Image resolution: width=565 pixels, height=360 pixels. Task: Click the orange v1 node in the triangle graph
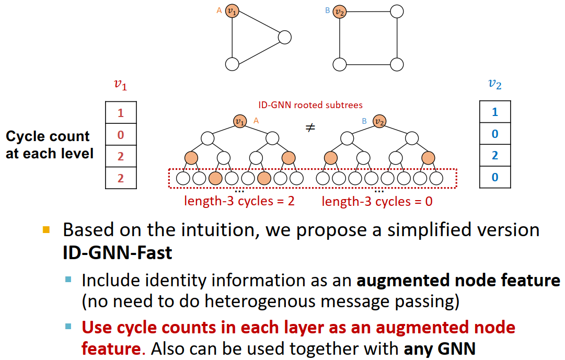pyautogui.click(x=232, y=11)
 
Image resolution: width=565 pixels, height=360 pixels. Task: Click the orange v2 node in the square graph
pyautogui.click(x=340, y=11)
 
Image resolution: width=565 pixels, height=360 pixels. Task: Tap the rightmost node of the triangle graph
pyautogui.click(x=284, y=37)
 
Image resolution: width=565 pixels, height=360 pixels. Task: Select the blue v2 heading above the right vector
pyautogui.click(x=494, y=85)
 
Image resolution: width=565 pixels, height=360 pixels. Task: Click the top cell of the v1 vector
pyautogui.click(x=121, y=113)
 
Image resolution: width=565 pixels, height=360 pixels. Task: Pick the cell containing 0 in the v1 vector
pyautogui.click(x=121, y=135)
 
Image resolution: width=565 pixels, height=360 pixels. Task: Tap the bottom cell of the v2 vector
pyautogui.click(x=495, y=177)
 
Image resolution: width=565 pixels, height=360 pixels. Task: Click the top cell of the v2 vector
pyautogui.click(x=495, y=112)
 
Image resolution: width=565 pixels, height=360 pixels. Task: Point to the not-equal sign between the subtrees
pyautogui.click(x=310, y=127)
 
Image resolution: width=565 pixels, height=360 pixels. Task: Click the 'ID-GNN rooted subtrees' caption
pyautogui.click(x=310, y=105)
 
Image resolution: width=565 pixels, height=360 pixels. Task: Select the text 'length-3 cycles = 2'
pyautogui.click(x=239, y=201)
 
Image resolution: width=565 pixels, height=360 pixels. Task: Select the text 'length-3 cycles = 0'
pyautogui.click(x=377, y=201)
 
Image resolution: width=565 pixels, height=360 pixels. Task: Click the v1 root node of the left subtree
pyautogui.click(x=240, y=121)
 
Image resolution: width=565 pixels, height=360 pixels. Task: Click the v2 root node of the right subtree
pyautogui.click(x=380, y=121)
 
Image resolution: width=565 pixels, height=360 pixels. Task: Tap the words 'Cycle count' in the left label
pyautogui.click(x=48, y=137)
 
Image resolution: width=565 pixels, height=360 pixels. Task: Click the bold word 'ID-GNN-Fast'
pyautogui.click(x=117, y=253)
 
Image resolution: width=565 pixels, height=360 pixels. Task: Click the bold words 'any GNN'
pyautogui.click(x=441, y=349)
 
